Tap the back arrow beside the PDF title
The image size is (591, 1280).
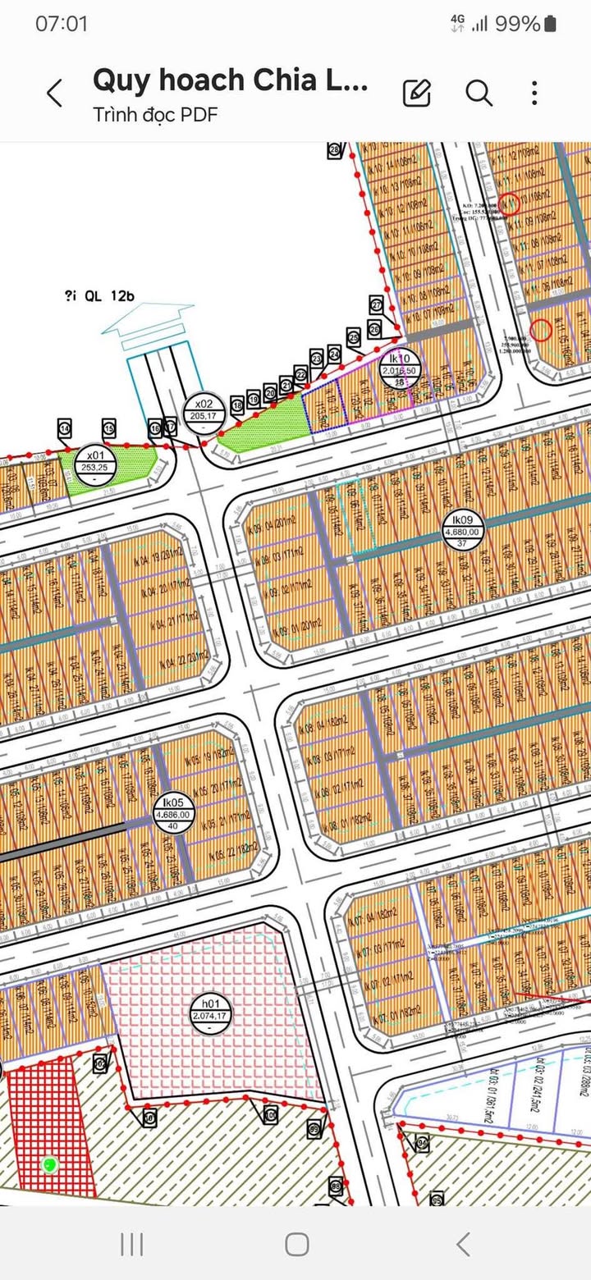[x=54, y=93]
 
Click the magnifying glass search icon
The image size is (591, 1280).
[x=479, y=93]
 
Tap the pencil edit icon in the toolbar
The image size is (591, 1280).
[x=417, y=93]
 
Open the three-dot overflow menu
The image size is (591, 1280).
[x=534, y=93]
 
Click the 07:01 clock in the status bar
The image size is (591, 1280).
[x=61, y=24]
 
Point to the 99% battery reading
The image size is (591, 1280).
[x=516, y=24]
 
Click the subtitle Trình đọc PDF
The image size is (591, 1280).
[x=155, y=114]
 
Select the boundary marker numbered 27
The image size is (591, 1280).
[x=377, y=304]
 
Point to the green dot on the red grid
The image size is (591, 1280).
[x=50, y=1163]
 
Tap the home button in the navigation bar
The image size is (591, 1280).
[x=296, y=1244]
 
